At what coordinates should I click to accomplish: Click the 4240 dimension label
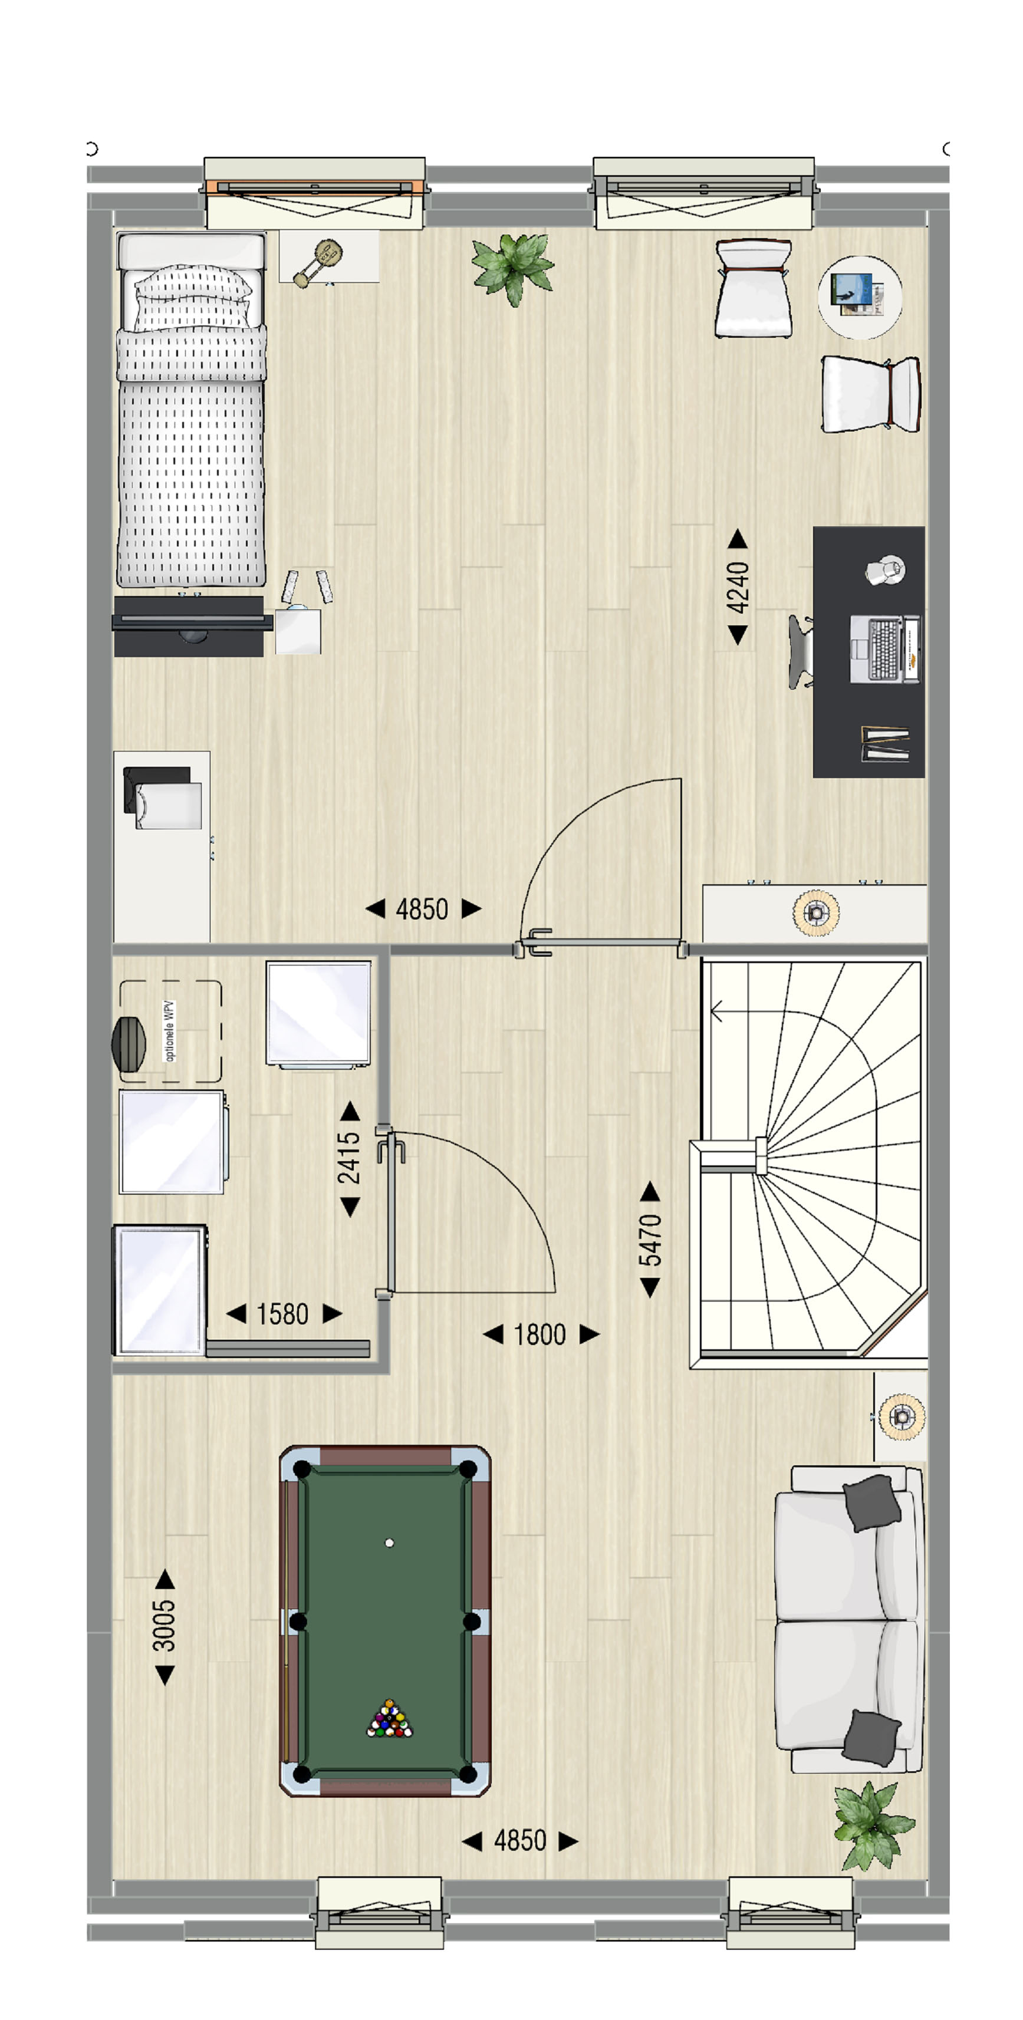(738, 587)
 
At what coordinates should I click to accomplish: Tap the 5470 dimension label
(650, 1240)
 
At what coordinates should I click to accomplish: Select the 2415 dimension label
(349, 1158)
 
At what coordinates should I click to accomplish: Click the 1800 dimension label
(540, 1334)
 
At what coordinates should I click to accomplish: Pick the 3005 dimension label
(164, 1626)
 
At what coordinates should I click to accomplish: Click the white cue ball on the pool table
(389, 1543)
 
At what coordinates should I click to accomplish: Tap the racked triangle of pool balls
(390, 1719)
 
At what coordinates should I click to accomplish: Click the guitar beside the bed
(318, 263)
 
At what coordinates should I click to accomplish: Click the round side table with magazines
(860, 297)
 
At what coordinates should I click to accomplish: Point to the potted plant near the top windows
(513, 268)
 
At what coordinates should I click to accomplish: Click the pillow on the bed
(192, 296)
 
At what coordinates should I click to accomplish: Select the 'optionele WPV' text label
(169, 1030)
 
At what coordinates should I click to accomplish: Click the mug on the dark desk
(886, 570)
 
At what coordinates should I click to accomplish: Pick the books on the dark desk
(886, 743)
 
